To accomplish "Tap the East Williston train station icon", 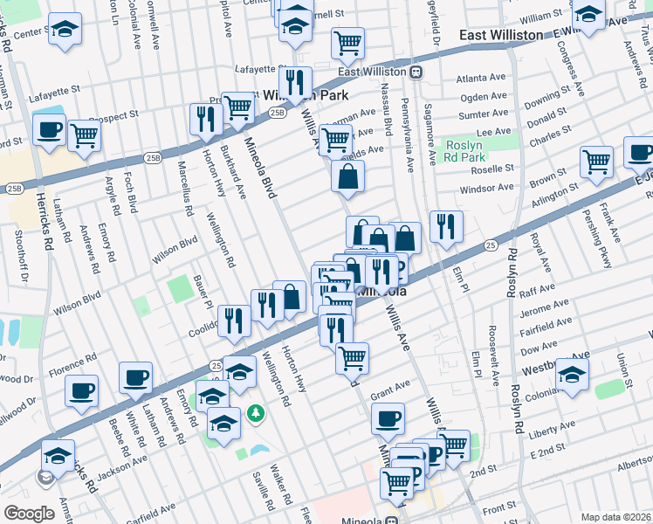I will tap(416, 72).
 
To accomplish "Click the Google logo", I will tap(29, 514).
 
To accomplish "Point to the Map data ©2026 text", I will tap(615, 517).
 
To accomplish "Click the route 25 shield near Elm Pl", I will tap(491, 246).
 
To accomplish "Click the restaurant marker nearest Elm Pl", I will tap(446, 227).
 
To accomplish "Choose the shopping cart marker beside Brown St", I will tap(596, 161).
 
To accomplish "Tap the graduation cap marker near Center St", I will tap(64, 30).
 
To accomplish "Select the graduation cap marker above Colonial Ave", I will tap(572, 374).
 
